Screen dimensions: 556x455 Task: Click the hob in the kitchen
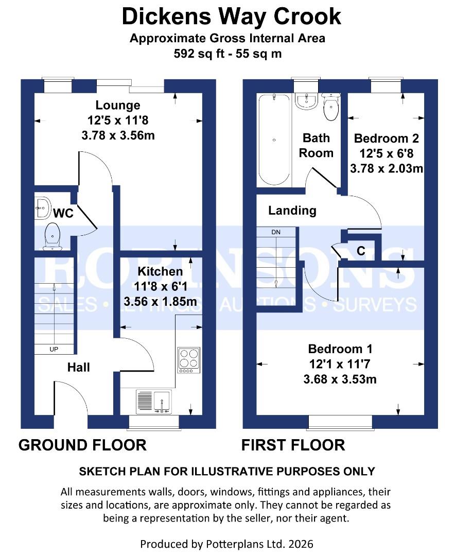188,360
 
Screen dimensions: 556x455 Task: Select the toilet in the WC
52,236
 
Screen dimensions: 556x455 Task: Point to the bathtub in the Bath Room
274,140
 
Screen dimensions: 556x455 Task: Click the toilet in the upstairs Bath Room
330,106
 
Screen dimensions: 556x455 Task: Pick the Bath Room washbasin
306,100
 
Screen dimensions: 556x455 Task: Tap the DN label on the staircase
276,232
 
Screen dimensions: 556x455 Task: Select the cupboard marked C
361,251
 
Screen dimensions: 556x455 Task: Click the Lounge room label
118,106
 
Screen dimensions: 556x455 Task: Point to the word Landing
292,210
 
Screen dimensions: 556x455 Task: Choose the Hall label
79,367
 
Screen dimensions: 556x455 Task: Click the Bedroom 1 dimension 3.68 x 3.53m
340,379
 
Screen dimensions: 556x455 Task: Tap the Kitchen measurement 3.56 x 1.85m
160,302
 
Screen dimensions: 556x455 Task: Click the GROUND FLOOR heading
82,445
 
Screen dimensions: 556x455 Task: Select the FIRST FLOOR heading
293,445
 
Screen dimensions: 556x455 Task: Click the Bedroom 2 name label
386,138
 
